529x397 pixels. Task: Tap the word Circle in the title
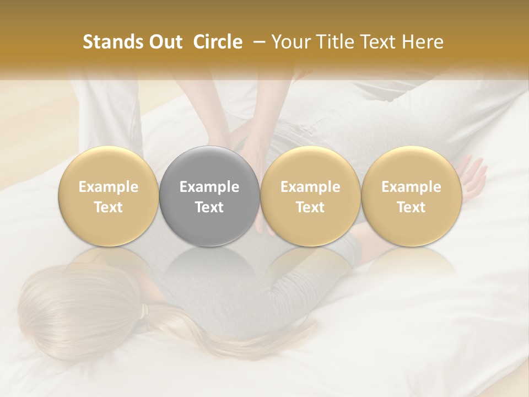[218, 42]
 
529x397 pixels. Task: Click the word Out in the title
[164, 42]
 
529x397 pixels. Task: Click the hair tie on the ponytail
[144, 312]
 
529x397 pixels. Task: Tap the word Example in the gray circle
[209, 187]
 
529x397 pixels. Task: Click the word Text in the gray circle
[209, 207]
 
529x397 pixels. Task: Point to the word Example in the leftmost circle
[109, 187]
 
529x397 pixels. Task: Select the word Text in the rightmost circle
[411, 207]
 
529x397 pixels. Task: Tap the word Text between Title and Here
[381, 42]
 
